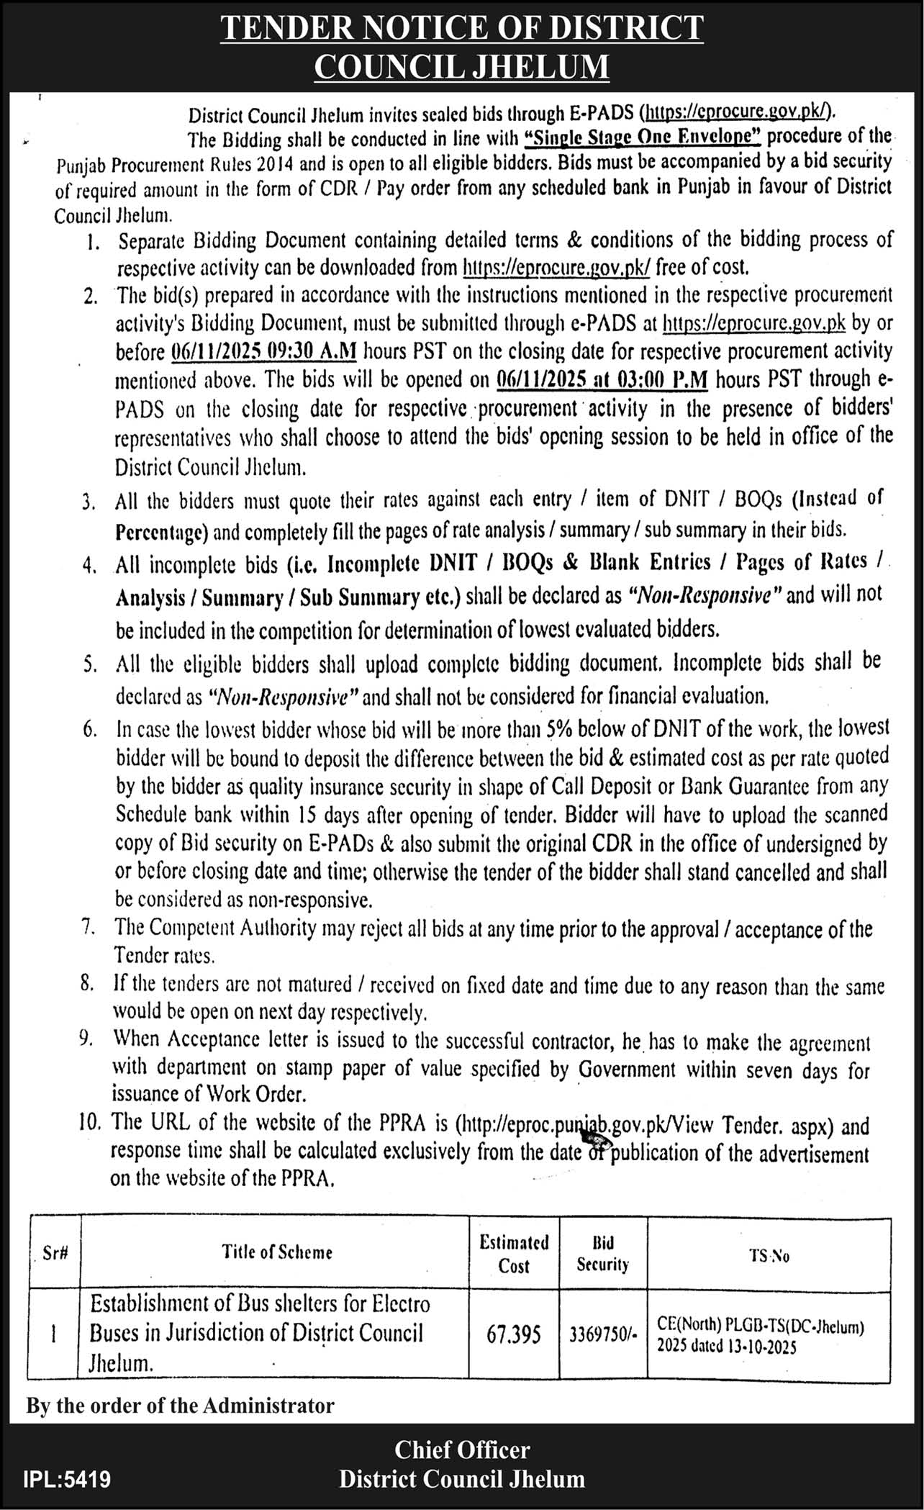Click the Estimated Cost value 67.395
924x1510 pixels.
point(513,1334)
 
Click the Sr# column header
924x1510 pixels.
point(55,1252)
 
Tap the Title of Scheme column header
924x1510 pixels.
point(277,1252)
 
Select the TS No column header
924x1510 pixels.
point(769,1255)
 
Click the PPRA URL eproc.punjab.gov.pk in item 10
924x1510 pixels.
point(561,1124)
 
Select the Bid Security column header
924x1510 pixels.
point(602,1254)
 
